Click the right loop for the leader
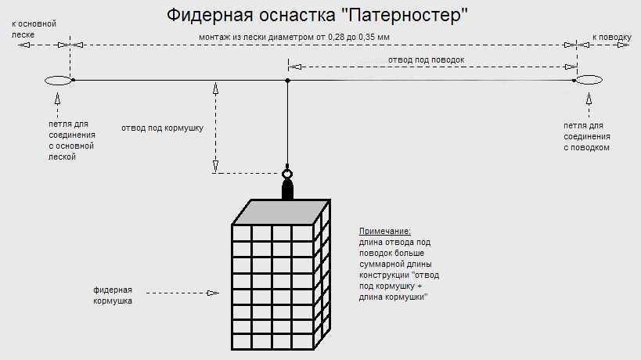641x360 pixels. [589, 80]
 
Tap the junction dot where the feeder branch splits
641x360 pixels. [288, 81]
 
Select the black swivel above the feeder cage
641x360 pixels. [287, 189]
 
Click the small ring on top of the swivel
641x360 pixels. [287, 175]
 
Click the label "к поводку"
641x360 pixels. [610, 37]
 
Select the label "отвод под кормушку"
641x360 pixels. [162, 127]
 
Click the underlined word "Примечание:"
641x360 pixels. [384, 232]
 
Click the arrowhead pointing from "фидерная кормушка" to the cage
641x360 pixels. [211, 293]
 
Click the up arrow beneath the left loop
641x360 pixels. [59, 99]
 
